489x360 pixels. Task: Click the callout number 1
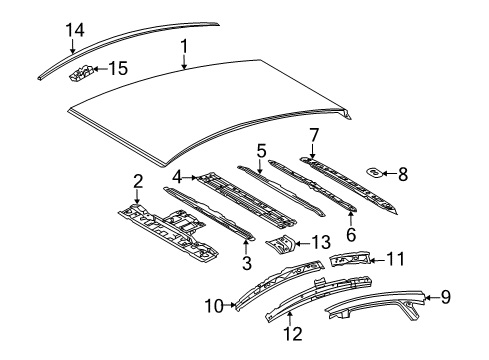pos(183,46)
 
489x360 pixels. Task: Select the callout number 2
pos(138,180)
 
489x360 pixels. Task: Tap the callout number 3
pos(246,263)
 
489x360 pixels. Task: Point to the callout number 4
pos(177,177)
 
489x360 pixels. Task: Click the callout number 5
pos(261,150)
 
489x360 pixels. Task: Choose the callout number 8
pos(403,174)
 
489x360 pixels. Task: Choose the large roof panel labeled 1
pos(210,110)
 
